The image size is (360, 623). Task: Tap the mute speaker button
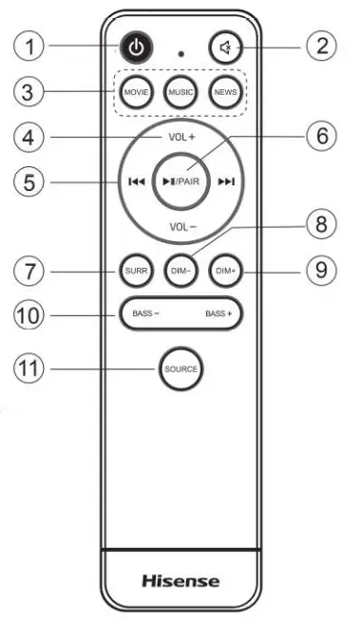coord(222,47)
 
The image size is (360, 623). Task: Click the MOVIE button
coord(135,92)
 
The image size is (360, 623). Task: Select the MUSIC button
coord(180,92)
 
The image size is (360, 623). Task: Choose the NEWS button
coord(224,92)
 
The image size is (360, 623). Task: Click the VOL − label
coord(181,227)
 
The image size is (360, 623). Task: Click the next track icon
coord(227,182)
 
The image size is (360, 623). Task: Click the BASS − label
coord(145,312)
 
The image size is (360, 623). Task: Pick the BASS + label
coord(217,312)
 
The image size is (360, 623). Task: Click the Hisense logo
coord(180,580)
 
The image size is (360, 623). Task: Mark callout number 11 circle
coord(35,367)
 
